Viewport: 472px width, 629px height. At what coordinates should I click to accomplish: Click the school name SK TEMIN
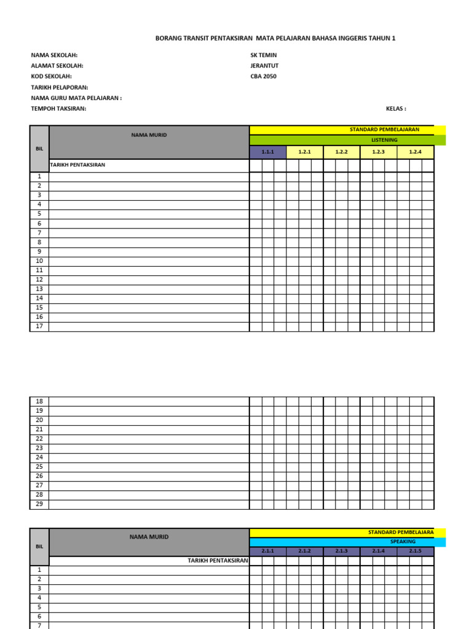264,55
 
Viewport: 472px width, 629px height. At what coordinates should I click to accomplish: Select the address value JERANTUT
264,66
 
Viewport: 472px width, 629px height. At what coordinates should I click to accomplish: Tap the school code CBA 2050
264,77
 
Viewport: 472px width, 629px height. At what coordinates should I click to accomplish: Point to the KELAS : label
396,109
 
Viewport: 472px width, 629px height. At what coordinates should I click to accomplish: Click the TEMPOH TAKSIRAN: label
59,109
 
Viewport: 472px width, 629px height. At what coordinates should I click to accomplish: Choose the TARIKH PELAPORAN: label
60,87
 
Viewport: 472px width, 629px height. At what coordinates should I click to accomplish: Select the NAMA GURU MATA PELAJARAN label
76,98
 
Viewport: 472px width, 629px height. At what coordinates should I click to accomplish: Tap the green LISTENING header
385,140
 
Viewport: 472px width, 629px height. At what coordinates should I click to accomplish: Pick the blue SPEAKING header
403,542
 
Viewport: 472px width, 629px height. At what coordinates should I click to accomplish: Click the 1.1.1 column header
267,152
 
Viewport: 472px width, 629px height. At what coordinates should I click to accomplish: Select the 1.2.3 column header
379,152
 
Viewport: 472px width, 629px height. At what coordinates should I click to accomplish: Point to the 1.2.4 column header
415,152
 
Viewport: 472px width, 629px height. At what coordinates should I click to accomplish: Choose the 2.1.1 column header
267,551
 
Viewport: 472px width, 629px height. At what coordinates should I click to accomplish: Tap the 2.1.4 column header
379,551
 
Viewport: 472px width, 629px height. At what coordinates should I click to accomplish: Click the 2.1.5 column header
415,551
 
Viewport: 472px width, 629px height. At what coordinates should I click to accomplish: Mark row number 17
39,326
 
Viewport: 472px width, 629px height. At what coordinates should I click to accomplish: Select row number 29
39,504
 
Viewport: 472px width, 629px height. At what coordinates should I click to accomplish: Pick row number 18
39,401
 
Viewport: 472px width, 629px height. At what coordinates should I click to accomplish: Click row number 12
39,279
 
